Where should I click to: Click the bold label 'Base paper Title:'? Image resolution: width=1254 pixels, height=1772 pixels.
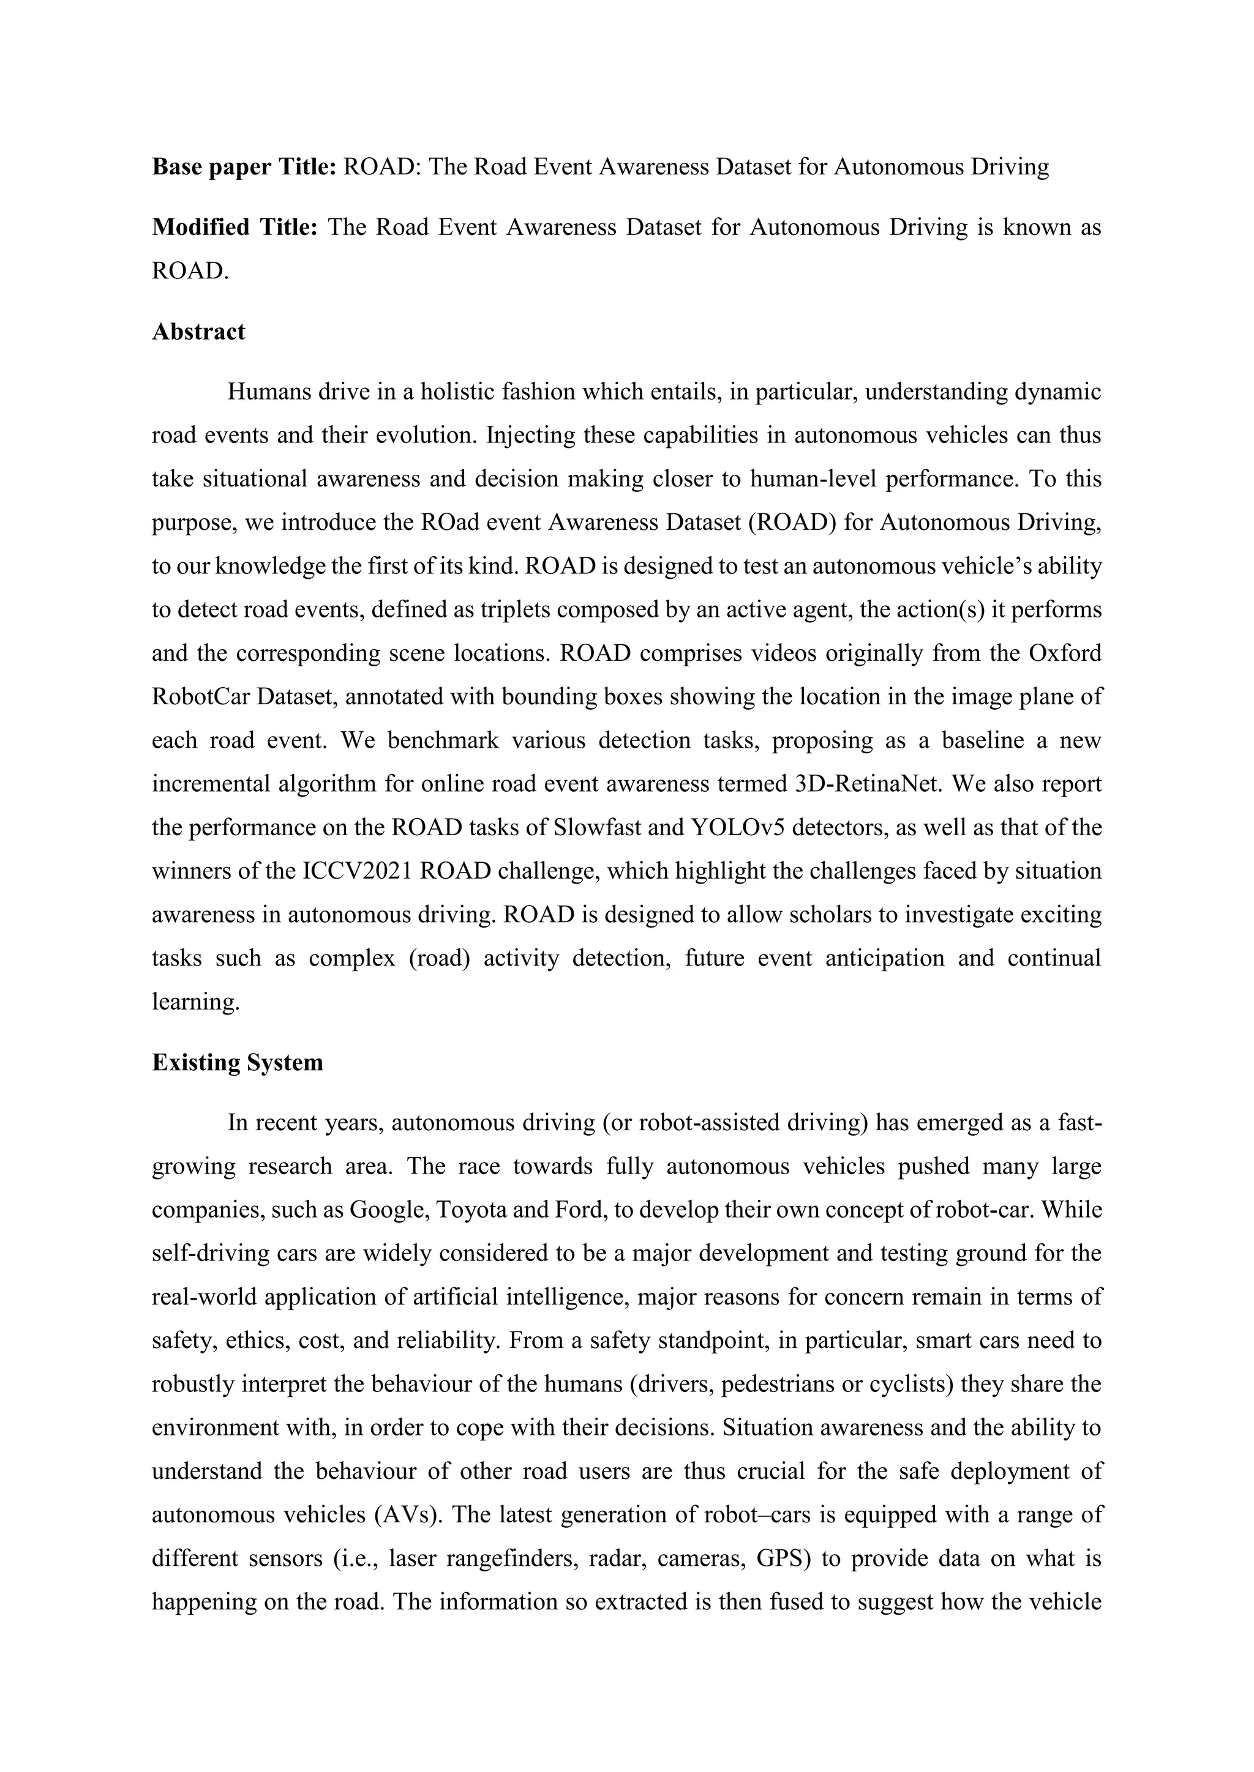[243, 168]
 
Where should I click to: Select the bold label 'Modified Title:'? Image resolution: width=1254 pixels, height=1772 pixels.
[235, 228]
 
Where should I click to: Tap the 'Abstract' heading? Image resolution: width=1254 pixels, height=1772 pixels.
[198, 332]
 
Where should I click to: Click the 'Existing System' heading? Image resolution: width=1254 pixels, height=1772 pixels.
[237, 1063]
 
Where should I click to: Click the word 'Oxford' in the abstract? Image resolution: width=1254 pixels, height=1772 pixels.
[1065, 653]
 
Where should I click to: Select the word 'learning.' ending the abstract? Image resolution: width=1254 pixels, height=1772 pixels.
[196, 1002]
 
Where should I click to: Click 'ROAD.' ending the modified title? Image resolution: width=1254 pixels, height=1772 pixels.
[190, 271]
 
